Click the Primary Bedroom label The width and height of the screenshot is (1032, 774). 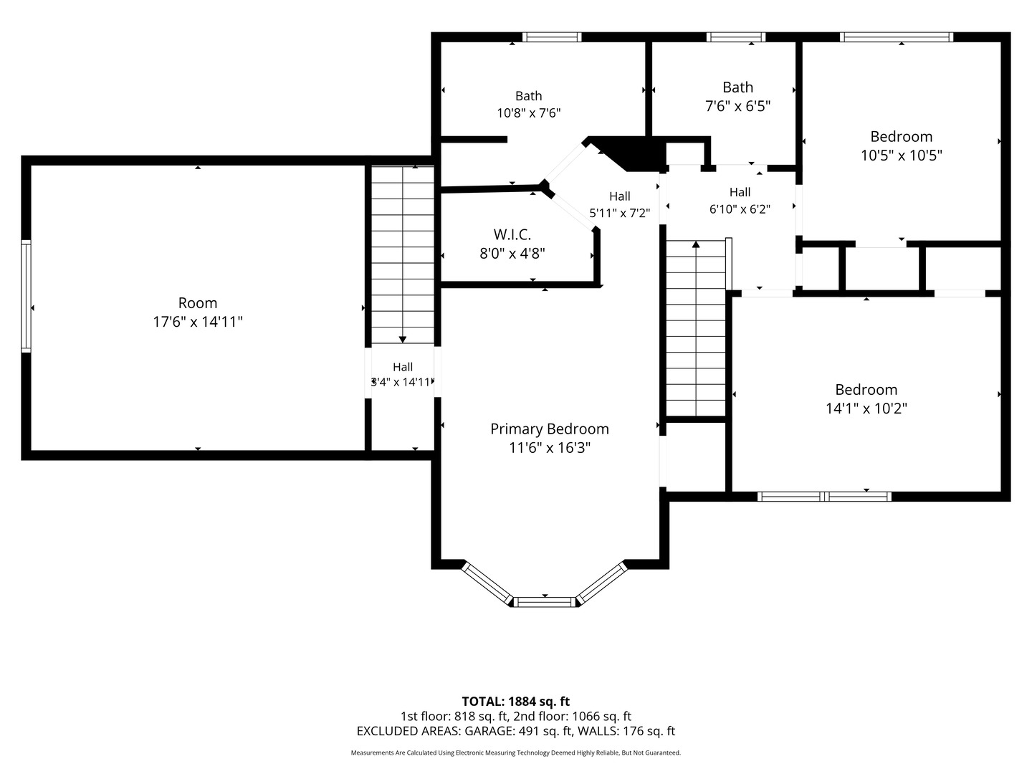point(549,429)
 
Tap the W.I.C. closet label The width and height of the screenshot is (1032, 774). point(512,234)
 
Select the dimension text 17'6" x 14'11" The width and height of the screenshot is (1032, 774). point(198,322)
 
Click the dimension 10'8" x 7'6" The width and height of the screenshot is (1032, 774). point(529,113)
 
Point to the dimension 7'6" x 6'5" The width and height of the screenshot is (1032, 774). point(737,106)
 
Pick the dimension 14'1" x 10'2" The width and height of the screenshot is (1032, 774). point(866,408)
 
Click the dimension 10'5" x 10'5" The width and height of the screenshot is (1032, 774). point(902,155)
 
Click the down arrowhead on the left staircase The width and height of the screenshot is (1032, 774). point(403,339)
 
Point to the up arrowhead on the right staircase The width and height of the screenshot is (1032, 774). point(696,244)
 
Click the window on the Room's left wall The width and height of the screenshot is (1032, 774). point(27,296)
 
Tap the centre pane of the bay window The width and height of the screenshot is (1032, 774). point(545,602)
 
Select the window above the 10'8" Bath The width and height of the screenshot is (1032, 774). point(552,37)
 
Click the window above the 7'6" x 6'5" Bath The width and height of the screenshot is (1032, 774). point(736,37)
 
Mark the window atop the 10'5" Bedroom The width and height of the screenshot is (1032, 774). point(897,37)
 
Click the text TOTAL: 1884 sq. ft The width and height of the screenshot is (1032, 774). point(516,702)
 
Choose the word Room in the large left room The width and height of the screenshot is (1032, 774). point(198,302)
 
